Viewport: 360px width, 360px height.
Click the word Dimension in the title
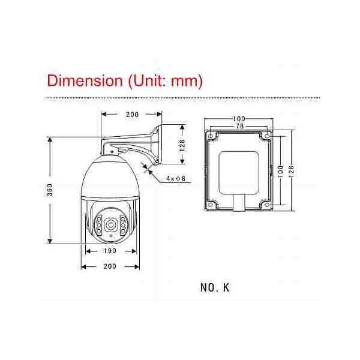[x=85, y=81]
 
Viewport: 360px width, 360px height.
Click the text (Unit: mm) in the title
[x=166, y=81]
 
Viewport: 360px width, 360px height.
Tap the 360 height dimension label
[x=50, y=190]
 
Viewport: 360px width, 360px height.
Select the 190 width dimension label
[x=110, y=251]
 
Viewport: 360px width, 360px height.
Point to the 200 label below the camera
[x=110, y=266]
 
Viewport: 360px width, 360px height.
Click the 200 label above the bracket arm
[x=132, y=115]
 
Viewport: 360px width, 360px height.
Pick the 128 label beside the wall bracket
[x=182, y=145]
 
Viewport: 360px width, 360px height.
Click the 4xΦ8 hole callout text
[x=176, y=178]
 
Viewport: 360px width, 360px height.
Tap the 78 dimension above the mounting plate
[x=239, y=126]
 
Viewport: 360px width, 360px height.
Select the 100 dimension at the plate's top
[x=239, y=119]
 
